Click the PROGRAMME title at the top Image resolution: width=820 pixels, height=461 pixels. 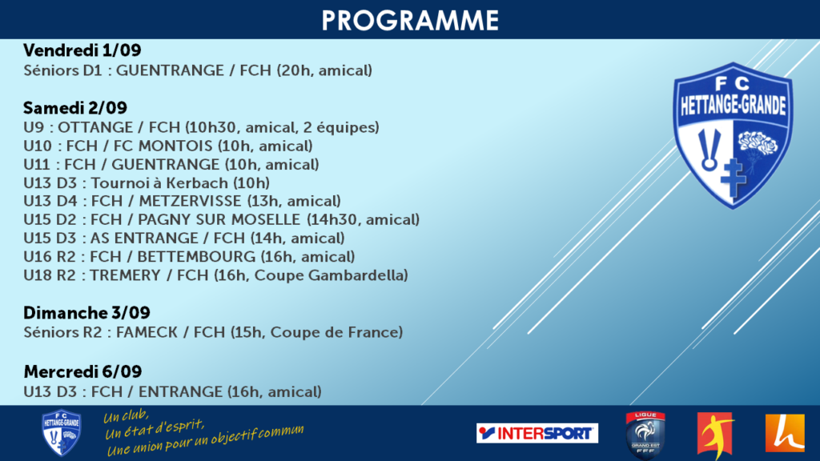coord(410,20)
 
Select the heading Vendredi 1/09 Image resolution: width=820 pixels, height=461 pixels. coord(82,50)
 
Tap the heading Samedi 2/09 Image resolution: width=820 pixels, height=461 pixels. coord(74,108)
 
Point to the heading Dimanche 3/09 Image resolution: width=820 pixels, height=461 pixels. coord(86,313)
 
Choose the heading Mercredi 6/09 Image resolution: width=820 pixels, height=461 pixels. coord(82,371)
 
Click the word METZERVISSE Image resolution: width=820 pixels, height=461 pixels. coord(190,201)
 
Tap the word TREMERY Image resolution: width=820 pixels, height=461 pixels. coord(125,275)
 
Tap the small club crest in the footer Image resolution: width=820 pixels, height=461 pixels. coord(61,433)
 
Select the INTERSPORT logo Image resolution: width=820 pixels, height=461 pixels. coord(537,433)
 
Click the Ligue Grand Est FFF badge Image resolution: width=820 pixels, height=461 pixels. coord(645,435)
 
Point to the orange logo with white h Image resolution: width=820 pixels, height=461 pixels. coord(785,433)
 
